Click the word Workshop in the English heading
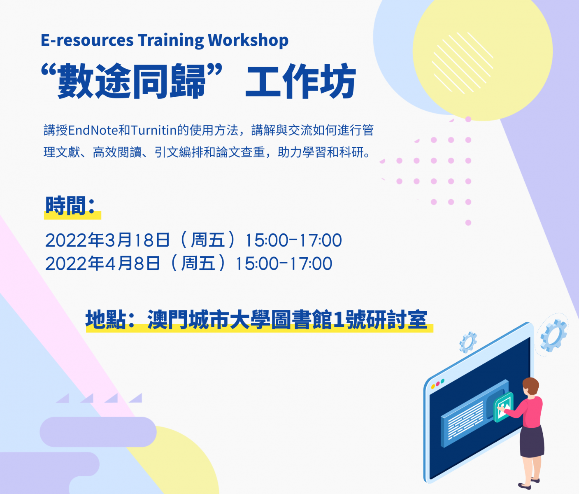coord(248,41)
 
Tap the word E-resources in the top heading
coord(87,41)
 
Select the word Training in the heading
coord(171,41)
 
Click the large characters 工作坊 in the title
coord(300,81)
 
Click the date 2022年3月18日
coord(107,240)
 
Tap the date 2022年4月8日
coord(103,263)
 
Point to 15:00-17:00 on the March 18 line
coord(293,240)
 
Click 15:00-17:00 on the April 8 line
coord(284,263)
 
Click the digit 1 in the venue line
coord(339,320)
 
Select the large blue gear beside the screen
coord(553,336)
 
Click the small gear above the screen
coord(468,343)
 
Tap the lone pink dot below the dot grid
coord(468,223)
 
